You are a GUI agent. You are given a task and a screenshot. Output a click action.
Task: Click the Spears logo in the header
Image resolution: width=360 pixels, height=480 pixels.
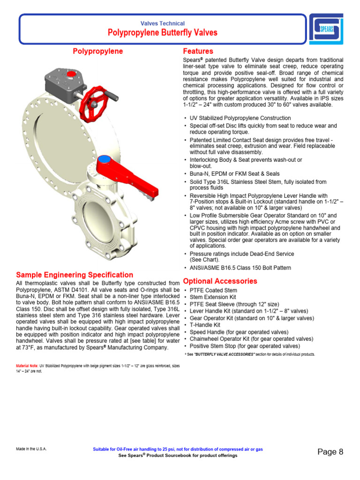tap(326, 29)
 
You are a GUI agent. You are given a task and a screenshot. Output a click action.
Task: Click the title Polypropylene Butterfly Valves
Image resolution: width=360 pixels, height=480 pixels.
tap(163, 33)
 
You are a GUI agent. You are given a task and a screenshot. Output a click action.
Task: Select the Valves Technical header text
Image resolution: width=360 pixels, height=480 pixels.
tap(163, 23)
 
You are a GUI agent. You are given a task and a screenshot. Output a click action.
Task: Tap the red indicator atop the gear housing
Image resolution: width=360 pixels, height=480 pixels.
tap(71, 74)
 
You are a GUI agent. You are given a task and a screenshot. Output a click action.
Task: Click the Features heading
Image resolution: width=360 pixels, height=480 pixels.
tap(198, 51)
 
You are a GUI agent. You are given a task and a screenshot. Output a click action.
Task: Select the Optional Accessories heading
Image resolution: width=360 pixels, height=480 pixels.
tap(220, 281)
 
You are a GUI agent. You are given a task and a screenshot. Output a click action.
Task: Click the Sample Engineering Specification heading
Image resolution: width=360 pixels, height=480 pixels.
tap(75, 275)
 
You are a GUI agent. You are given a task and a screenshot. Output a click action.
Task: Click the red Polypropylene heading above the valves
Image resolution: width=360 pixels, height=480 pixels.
tap(98, 51)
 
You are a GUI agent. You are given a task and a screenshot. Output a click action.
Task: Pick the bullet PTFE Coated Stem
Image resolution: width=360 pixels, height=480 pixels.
tap(210, 291)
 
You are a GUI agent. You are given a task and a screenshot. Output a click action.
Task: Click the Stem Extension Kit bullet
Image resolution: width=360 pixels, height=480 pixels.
tap(213, 298)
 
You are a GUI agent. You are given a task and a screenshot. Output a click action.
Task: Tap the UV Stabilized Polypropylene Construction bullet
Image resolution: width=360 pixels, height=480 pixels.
tap(240, 118)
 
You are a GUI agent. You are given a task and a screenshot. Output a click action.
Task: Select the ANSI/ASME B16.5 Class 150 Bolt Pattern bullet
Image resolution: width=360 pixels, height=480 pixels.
tap(240, 268)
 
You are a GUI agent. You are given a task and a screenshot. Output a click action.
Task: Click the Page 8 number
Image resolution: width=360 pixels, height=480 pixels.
tap(330, 452)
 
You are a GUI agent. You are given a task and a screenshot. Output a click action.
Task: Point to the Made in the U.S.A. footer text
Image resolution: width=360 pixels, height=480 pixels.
tap(31, 449)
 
